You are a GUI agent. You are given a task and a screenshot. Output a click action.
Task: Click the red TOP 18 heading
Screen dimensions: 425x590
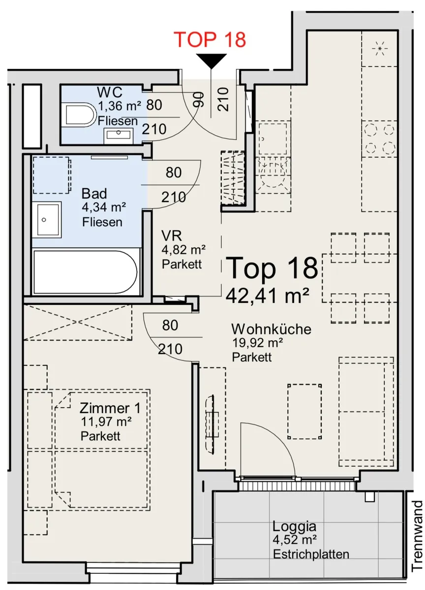point(210,39)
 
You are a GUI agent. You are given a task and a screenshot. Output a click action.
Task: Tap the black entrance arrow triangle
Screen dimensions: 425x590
point(212,61)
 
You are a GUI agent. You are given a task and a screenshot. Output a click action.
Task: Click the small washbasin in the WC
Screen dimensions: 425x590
point(119,135)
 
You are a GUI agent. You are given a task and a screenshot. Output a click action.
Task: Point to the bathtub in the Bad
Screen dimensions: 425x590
point(86,272)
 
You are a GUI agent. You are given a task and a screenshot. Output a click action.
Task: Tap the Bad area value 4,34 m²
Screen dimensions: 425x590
point(104,208)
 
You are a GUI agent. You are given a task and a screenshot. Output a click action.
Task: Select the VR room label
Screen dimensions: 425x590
point(172,236)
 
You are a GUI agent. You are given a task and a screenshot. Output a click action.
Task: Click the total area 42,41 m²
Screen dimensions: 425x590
point(267,295)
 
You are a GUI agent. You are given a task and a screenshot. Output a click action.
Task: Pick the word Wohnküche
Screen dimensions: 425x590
point(271,329)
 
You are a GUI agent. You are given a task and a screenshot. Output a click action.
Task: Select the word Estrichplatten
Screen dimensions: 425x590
point(311,555)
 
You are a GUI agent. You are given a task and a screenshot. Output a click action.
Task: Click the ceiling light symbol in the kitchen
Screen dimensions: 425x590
point(380,49)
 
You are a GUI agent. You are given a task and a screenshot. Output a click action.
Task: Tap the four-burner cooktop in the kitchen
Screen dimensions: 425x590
point(379,139)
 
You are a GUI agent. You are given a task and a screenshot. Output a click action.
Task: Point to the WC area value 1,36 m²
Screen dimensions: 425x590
point(120,106)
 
